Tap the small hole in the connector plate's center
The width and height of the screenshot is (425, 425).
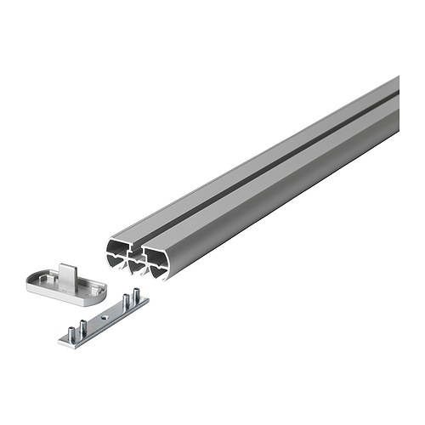103,318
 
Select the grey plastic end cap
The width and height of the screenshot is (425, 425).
61,280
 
